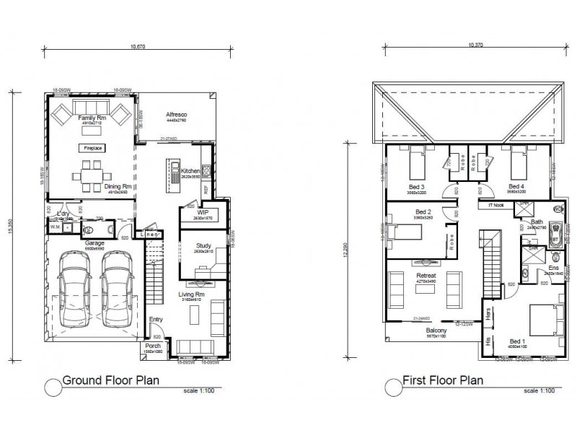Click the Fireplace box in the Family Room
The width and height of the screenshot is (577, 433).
point(92,148)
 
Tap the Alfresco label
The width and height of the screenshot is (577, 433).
point(177,115)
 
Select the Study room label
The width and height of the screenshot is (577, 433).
point(203,246)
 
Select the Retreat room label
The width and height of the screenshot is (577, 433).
point(426,276)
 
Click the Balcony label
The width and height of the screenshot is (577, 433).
point(436,330)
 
